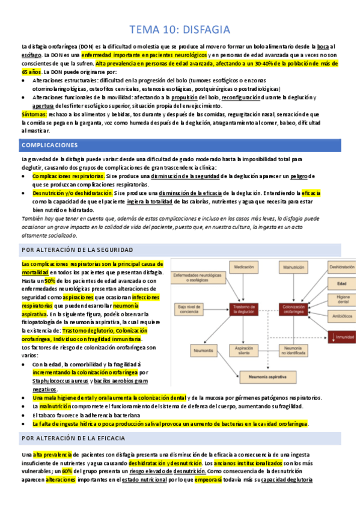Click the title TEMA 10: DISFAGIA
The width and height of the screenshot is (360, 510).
(180, 29)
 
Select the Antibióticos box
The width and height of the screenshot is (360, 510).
(341, 315)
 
